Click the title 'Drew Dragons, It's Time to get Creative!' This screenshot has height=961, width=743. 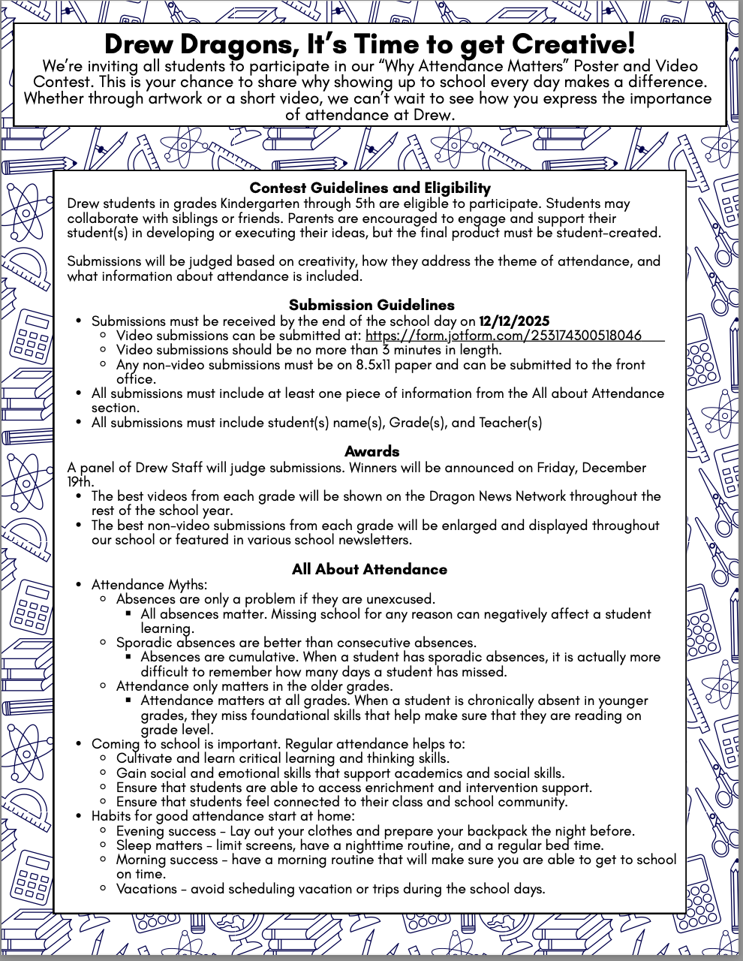pyautogui.click(x=370, y=44)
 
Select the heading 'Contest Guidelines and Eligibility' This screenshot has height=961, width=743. pyautogui.click(x=370, y=188)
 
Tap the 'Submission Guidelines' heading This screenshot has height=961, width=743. pyautogui.click(x=371, y=305)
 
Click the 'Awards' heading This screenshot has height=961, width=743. pyautogui.click(x=371, y=451)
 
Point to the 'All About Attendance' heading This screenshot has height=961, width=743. pyautogui.click(x=369, y=569)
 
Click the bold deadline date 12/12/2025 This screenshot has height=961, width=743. pyautogui.click(x=514, y=321)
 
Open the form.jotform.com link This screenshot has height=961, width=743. pyautogui.click(x=503, y=336)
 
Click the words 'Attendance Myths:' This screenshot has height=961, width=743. pyautogui.click(x=149, y=584)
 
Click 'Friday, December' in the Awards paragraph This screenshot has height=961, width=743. pyautogui.click(x=591, y=468)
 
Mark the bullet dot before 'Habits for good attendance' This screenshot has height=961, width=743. pyautogui.click(x=80, y=817)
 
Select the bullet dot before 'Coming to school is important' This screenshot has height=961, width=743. pyautogui.click(x=80, y=744)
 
